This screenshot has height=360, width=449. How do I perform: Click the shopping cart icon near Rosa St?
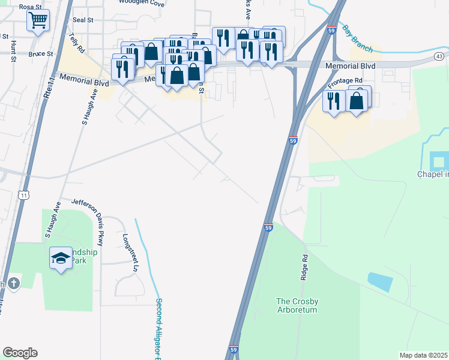point(38,22)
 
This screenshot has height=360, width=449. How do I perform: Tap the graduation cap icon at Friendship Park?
point(60,259)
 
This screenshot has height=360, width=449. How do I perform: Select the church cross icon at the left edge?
point(13,283)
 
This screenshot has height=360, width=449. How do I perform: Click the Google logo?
point(20,353)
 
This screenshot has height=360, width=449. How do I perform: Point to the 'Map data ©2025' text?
point(423,355)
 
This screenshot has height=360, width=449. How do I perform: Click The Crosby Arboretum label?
point(297,305)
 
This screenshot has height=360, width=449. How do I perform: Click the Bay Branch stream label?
point(357,39)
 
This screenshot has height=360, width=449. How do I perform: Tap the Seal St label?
point(83,20)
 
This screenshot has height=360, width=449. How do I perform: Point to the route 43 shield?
point(440,56)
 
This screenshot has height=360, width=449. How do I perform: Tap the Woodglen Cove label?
point(141,3)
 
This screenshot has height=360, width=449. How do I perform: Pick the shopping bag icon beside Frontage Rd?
point(357,101)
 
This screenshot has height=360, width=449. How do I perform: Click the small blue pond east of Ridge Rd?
point(379,281)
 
